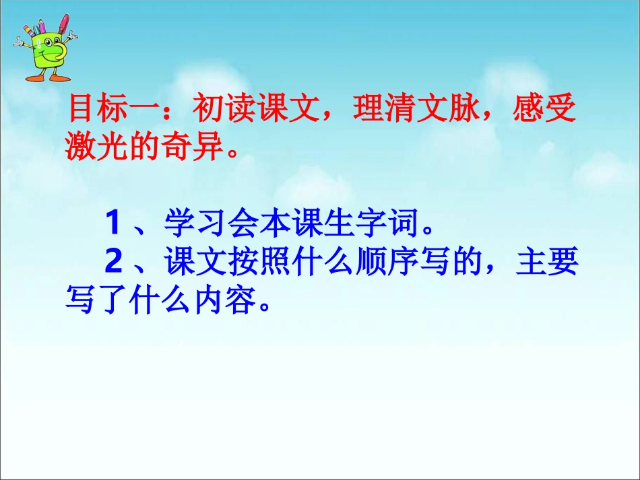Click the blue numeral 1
click(113, 224)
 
